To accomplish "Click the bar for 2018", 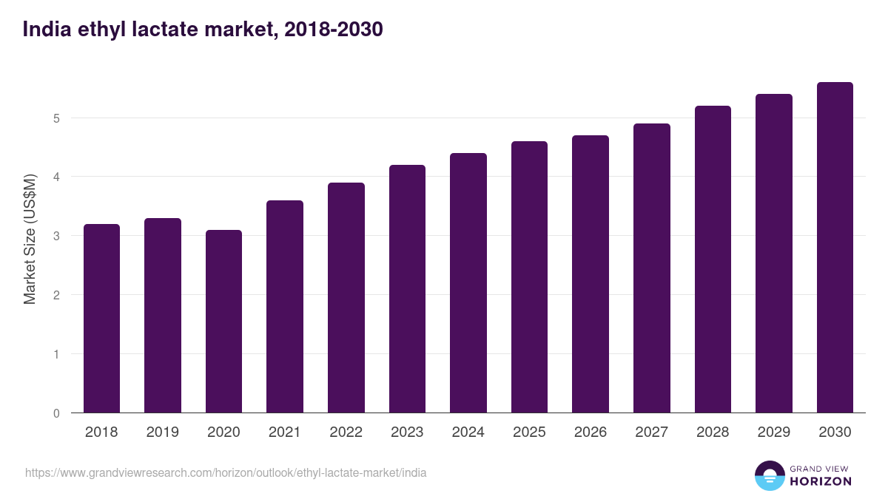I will (x=101, y=318).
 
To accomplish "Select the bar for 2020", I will (x=223, y=321).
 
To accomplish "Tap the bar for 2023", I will (x=407, y=288).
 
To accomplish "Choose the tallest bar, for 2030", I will (x=835, y=247).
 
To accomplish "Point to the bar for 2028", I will (x=713, y=259).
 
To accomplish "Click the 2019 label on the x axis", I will (x=163, y=432).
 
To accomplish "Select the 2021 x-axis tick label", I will (x=285, y=432).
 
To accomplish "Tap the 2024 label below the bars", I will (x=468, y=432).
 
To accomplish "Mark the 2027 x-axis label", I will (x=652, y=432).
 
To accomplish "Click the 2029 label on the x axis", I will (x=774, y=432).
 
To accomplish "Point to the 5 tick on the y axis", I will (x=56, y=118).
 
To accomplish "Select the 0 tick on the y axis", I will (x=56, y=413).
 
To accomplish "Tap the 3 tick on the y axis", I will (x=56, y=236).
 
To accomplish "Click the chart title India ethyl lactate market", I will (x=203, y=30).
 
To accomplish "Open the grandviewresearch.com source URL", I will (x=226, y=472).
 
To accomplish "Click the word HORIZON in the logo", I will (x=821, y=481).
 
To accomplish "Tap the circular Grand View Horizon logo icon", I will (x=770, y=475).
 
